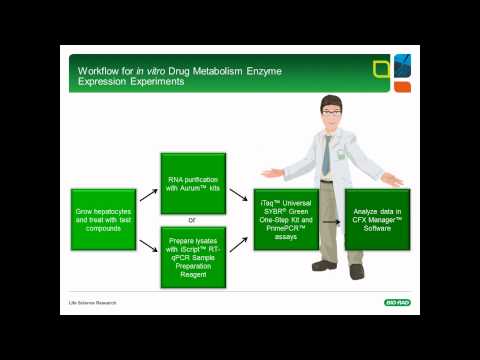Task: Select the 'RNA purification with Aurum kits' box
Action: pos(193,182)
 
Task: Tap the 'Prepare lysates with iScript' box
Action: pos(193,257)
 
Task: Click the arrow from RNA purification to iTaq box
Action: pos(239,194)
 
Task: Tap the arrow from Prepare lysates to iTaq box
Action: pos(239,243)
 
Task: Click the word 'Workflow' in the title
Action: pos(97,70)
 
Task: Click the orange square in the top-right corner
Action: pos(403,87)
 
